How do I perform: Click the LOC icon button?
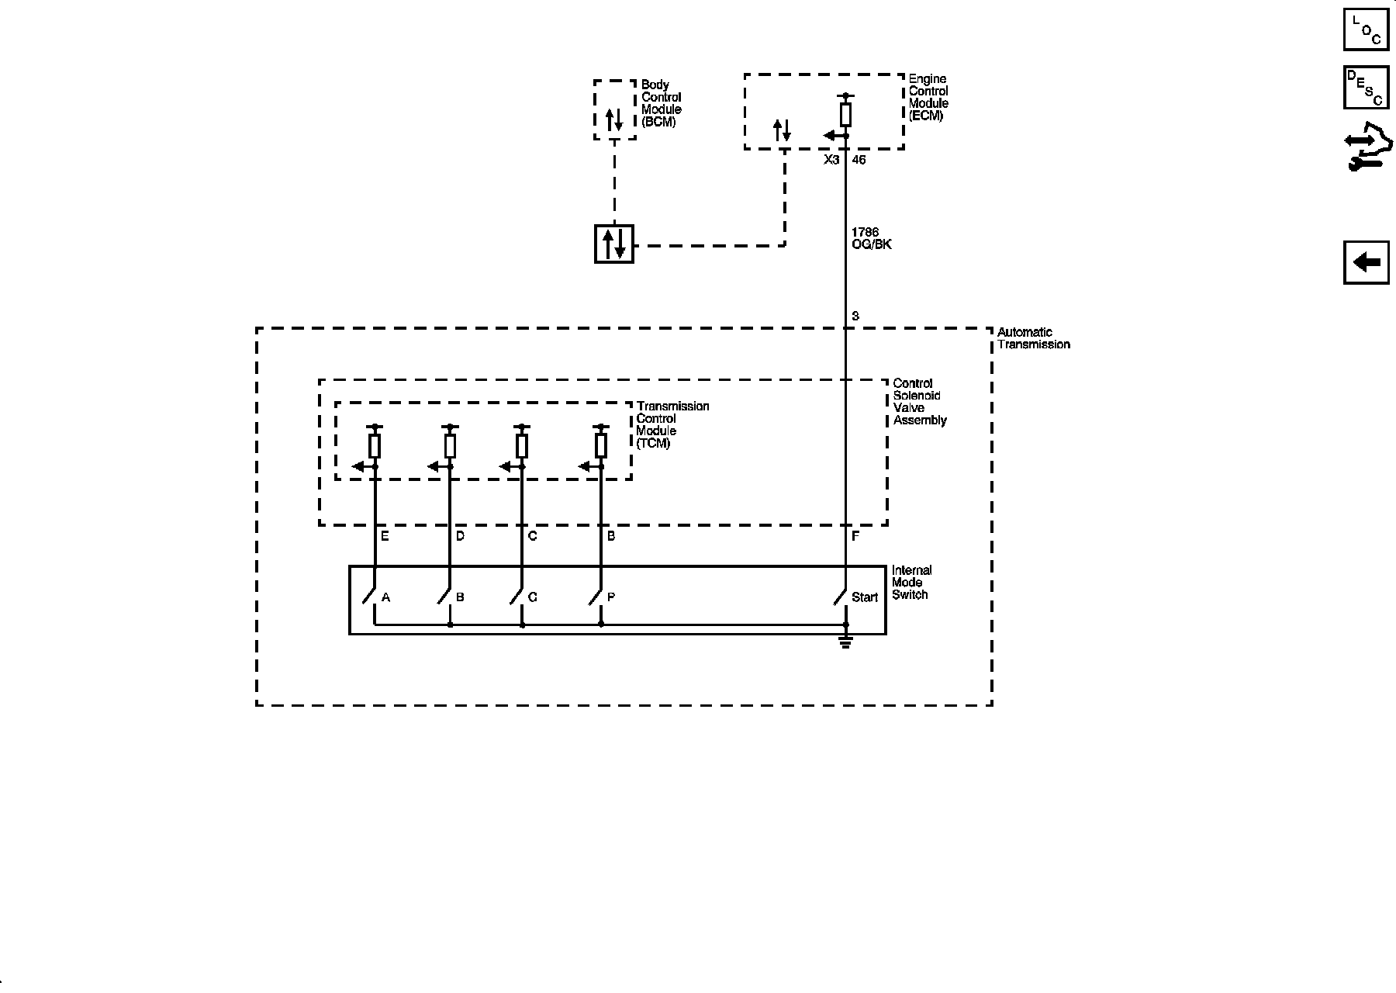click(x=1366, y=29)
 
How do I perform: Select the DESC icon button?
click(x=1366, y=87)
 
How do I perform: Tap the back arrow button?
click(x=1366, y=262)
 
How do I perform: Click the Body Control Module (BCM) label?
click(x=661, y=103)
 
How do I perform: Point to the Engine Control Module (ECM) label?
click(x=928, y=97)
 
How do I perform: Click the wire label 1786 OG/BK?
click(x=871, y=238)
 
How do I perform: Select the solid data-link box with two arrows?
click(x=614, y=244)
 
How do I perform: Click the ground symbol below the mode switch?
click(x=845, y=642)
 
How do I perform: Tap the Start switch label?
click(x=864, y=597)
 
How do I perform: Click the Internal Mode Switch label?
click(x=911, y=583)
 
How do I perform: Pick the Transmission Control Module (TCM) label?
click(x=672, y=424)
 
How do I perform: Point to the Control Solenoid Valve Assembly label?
click(x=920, y=402)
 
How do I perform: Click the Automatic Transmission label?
click(x=1033, y=338)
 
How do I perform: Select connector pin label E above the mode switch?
click(x=385, y=536)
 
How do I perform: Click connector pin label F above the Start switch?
click(x=855, y=536)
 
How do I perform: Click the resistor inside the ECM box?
click(x=845, y=115)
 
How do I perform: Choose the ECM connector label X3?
click(x=831, y=160)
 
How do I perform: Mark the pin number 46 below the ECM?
click(x=859, y=160)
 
